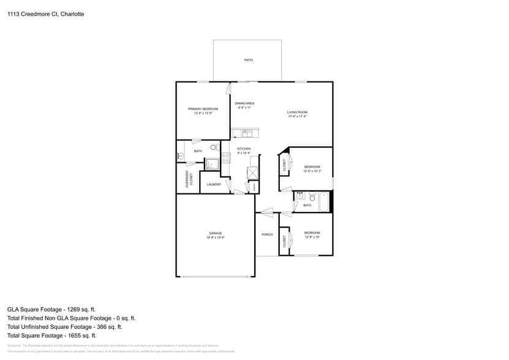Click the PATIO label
pyautogui.click(x=248, y=60)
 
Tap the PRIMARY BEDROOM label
pyautogui.click(x=202, y=108)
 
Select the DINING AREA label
pyautogui.click(x=244, y=103)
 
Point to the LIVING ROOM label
pyautogui.click(x=297, y=112)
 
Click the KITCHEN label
pyautogui.click(x=244, y=149)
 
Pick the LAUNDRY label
pyautogui.click(x=214, y=184)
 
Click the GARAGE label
pyautogui.click(x=215, y=233)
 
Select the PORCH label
pyautogui.click(x=267, y=234)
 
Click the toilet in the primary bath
pyautogui.click(x=214, y=147)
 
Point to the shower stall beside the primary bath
pyautogui.click(x=212, y=164)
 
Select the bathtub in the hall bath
pyautogui.click(x=323, y=201)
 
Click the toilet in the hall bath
pyautogui.click(x=311, y=198)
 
